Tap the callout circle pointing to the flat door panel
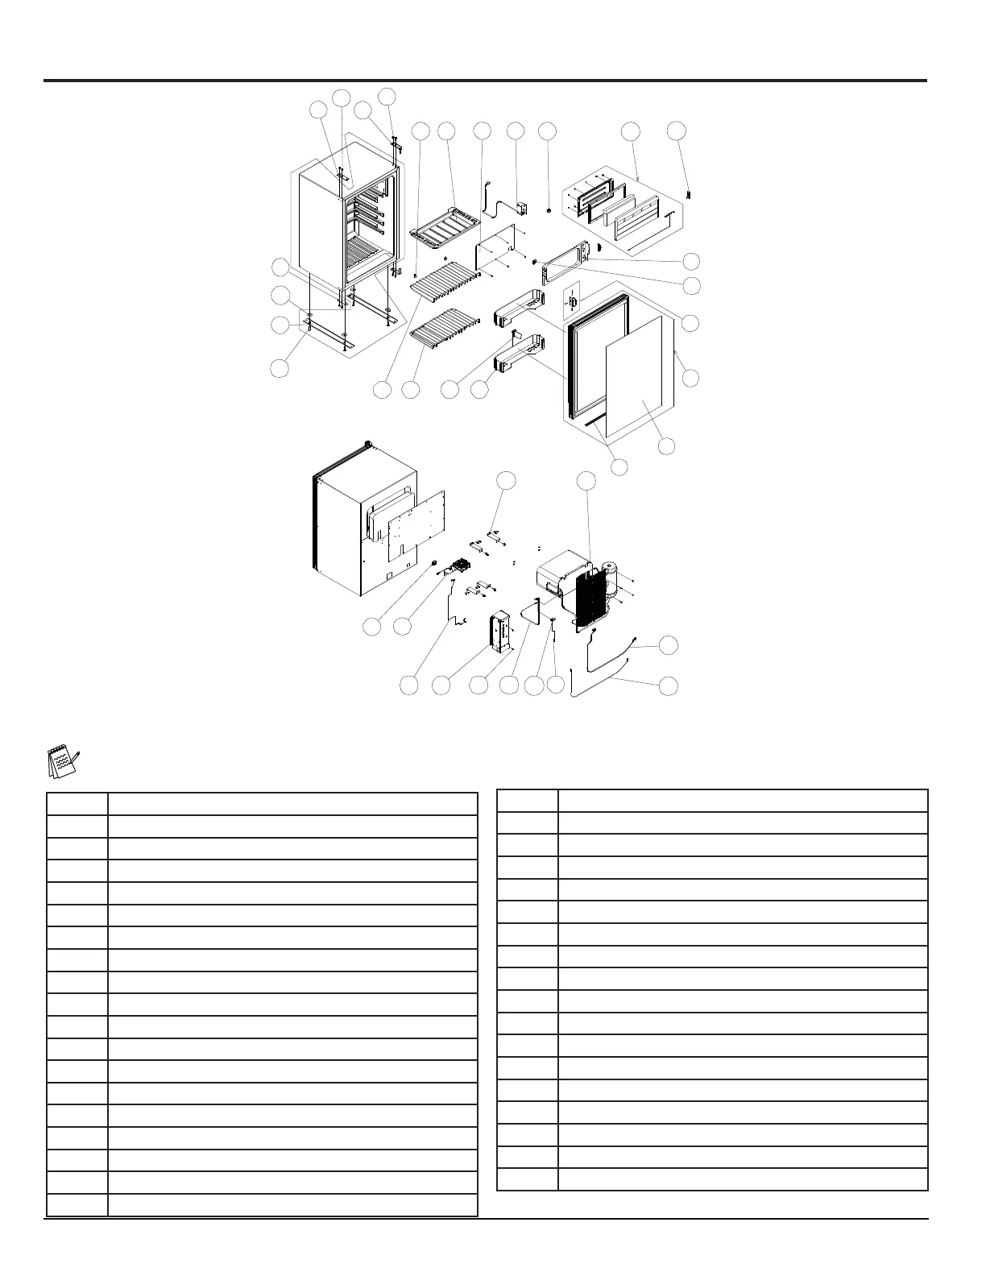666,446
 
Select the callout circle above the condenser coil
588,481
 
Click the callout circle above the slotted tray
446,130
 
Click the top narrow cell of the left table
77,805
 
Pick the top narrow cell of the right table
528,801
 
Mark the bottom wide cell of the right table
742,1179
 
